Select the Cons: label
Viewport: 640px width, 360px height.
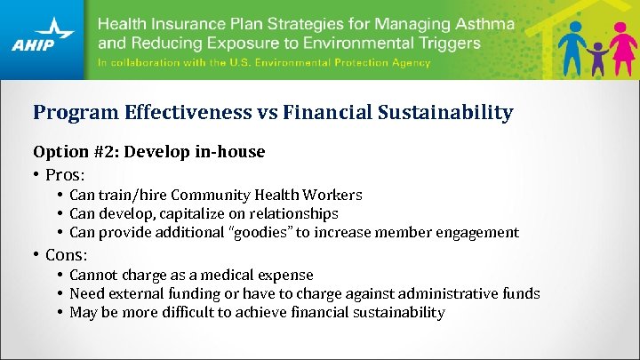tap(68, 255)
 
